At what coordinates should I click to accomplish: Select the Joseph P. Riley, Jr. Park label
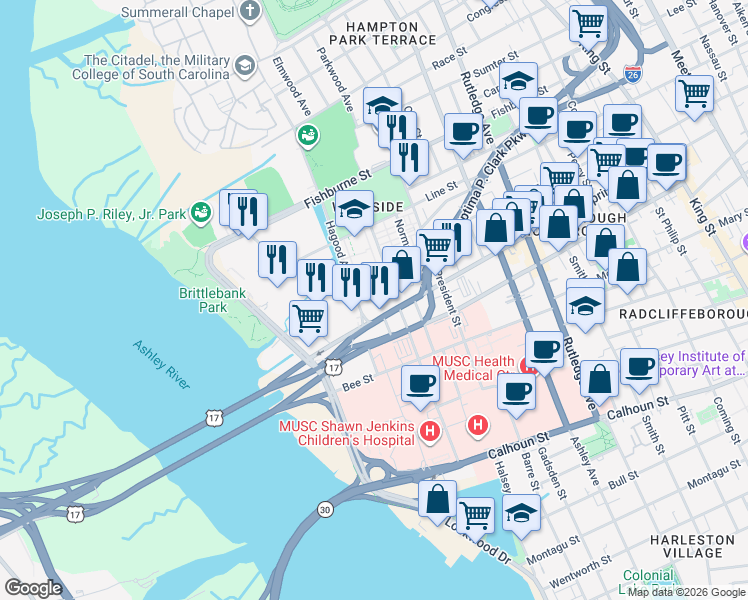(x=111, y=214)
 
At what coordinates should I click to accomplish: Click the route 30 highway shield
(x=325, y=509)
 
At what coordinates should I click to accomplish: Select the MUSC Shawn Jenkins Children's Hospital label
(x=346, y=433)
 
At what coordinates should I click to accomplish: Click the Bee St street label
(x=357, y=380)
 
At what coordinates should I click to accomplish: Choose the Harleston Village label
(x=699, y=546)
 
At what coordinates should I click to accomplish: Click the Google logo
(x=33, y=588)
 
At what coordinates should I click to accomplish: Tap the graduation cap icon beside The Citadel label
(x=244, y=67)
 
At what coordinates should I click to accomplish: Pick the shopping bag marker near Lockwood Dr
(x=437, y=498)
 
